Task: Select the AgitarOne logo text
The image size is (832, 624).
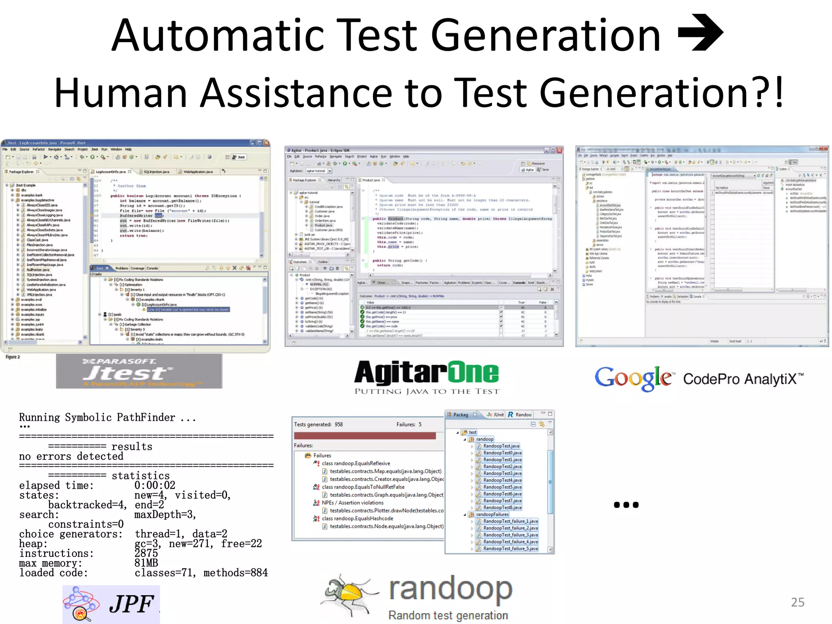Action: tap(426, 373)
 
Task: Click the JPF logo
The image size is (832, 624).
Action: tap(111, 604)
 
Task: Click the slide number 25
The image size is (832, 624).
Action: tap(797, 602)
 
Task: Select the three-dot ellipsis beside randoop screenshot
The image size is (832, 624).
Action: tap(626, 505)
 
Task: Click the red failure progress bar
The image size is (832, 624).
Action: tap(364, 435)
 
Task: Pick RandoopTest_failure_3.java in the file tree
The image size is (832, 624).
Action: tap(510, 535)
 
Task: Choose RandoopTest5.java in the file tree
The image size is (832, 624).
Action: tap(502, 487)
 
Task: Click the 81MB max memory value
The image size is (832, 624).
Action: tap(146, 563)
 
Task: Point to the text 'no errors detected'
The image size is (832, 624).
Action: tap(71, 456)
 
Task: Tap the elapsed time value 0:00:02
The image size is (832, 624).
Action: tap(155, 485)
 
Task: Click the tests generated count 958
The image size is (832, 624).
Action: tap(339, 425)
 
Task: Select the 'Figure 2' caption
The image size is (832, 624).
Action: tap(13, 357)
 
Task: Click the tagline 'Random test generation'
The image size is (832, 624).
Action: tap(448, 615)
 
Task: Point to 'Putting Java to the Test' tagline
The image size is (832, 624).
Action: tap(427, 391)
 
